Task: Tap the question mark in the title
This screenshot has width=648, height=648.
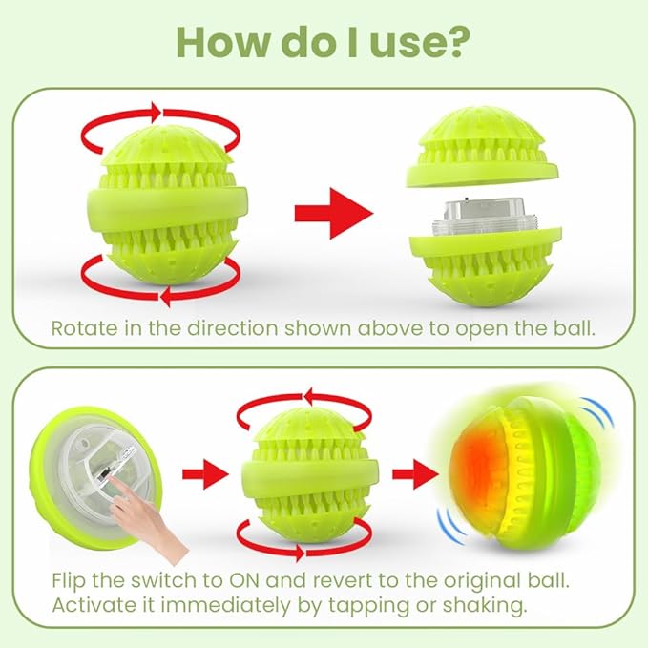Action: coord(456,42)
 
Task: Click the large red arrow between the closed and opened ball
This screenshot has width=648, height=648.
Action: coord(334,213)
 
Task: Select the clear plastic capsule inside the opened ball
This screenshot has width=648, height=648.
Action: coord(478,217)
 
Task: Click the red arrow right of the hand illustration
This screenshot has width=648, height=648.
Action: coord(205,474)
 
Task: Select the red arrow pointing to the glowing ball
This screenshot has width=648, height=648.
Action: coord(415,474)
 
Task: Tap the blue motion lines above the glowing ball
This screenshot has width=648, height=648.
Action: coord(598,413)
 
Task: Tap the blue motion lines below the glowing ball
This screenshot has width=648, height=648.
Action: coord(451,526)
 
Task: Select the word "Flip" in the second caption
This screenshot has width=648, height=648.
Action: coord(69,580)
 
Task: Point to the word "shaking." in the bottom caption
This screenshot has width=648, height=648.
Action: coord(485,606)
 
